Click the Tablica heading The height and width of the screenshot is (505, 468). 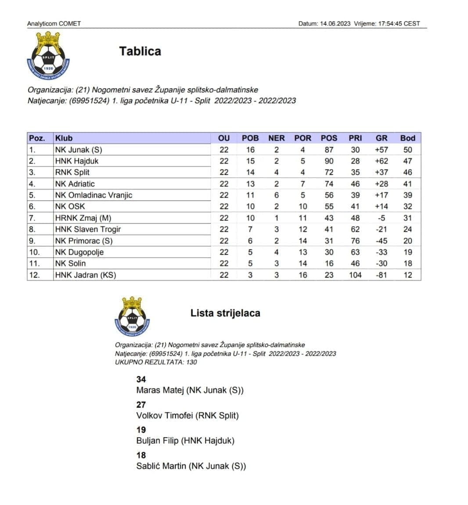coord(140,51)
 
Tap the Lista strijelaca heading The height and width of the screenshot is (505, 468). coord(225,313)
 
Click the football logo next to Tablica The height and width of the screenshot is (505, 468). coord(48,56)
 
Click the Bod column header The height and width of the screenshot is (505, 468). coord(407,138)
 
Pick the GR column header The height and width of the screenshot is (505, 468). coord(382,138)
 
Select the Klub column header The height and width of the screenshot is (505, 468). coord(64,138)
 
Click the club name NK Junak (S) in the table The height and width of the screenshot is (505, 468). coord(79,150)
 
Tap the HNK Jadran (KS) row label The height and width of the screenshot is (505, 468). coord(86,275)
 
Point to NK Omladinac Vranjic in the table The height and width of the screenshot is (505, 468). coord(94,195)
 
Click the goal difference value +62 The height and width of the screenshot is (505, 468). coord(382,161)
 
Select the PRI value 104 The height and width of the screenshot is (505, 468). coord(355,275)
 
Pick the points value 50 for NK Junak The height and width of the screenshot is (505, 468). coord(407,150)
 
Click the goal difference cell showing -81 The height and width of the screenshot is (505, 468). coord(382,275)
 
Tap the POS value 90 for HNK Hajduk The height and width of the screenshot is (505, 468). coord(329,161)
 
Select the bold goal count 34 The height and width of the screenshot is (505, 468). coord(141,379)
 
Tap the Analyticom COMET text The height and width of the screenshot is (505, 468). coord(54,24)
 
